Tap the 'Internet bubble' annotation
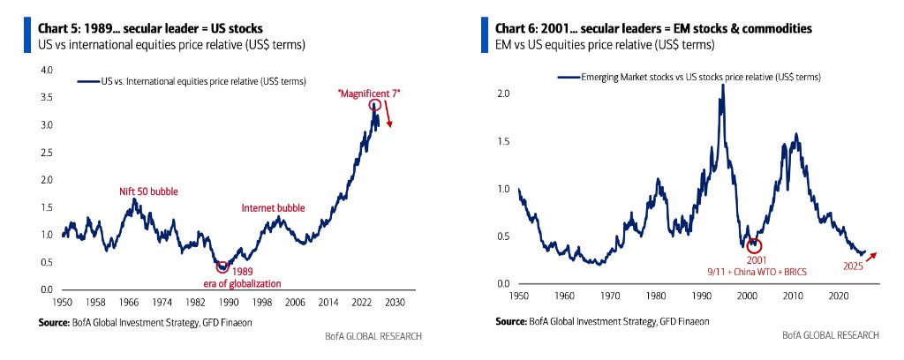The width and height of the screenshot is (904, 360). coord(273,208)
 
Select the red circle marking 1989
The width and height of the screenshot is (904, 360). coord(222,266)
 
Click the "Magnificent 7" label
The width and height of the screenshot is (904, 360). coord(370,93)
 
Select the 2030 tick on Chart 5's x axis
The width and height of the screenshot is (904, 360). coord(394,302)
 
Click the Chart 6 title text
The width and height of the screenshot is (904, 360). coord(653,28)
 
